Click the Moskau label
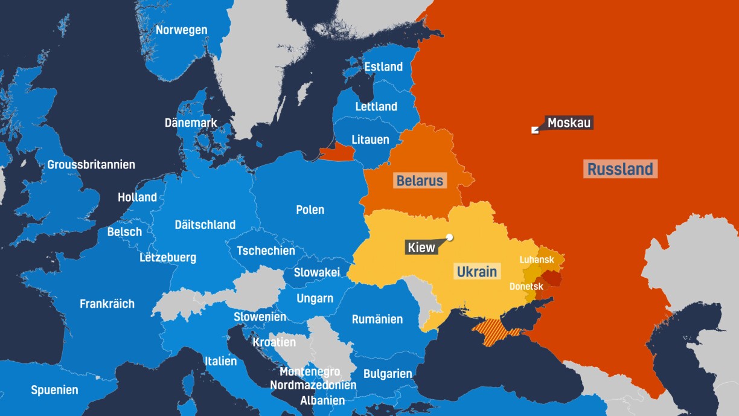tap(569, 123)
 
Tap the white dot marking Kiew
tap(449, 237)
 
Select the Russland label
tap(620, 169)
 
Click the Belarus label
tap(420, 181)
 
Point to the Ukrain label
tap(476, 272)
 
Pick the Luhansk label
tap(537, 260)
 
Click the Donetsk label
tap(526, 286)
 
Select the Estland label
tap(383, 66)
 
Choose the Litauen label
tap(371, 140)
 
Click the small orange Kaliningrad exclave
tap(336, 152)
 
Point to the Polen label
tap(310, 210)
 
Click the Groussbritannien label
tap(91, 165)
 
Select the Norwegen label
tap(181, 30)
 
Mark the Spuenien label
tap(54, 390)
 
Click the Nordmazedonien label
tap(313, 385)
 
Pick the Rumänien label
tap(377, 319)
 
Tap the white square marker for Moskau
tap(534, 130)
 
